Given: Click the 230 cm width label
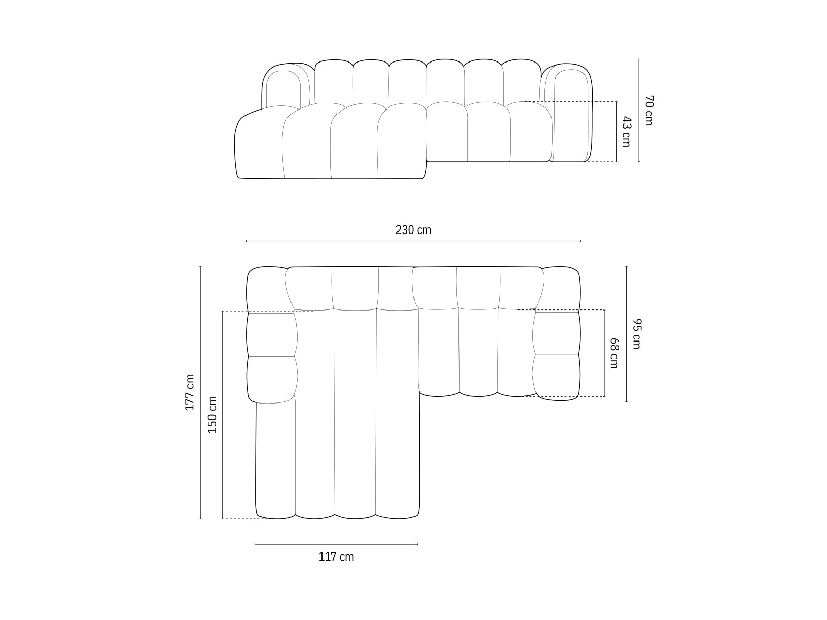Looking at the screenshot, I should coord(413,230).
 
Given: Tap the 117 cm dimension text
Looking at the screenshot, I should coord(336,557).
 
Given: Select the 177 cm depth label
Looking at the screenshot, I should coord(190,392).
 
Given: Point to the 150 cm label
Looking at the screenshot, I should coord(212,414).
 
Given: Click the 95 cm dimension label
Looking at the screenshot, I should coord(636,334).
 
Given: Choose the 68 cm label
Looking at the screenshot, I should coord(614,353).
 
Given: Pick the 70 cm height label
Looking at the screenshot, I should coord(649,110).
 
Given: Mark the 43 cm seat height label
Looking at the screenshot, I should coord(626,132).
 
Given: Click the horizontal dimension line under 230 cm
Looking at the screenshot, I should coord(413,241).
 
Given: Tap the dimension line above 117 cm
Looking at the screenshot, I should coord(336,544).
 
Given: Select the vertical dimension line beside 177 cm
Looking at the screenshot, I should coord(200,392).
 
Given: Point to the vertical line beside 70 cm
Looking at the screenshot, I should coord(639,110).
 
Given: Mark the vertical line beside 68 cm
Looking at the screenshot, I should coord(604,353).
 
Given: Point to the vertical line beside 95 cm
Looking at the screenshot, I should coord(627,334).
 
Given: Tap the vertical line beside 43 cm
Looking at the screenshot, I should coord(617,132).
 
